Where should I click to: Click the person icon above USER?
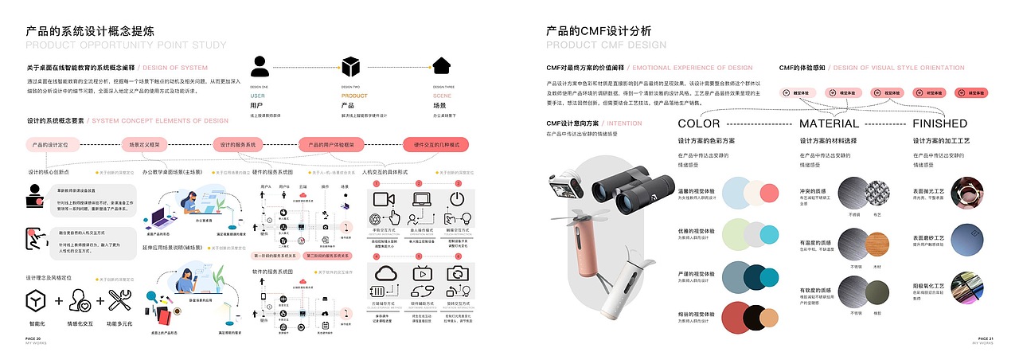[x=260, y=66]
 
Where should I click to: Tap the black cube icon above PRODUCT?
[x=351, y=66]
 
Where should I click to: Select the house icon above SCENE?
[x=443, y=66]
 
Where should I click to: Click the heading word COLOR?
[x=698, y=123]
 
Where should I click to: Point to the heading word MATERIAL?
[x=829, y=123]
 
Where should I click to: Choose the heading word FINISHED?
[x=939, y=123]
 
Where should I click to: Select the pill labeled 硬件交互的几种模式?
[x=436, y=145]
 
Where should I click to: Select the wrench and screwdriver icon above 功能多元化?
[x=120, y=300]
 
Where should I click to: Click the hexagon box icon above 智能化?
[x=37, y=301]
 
